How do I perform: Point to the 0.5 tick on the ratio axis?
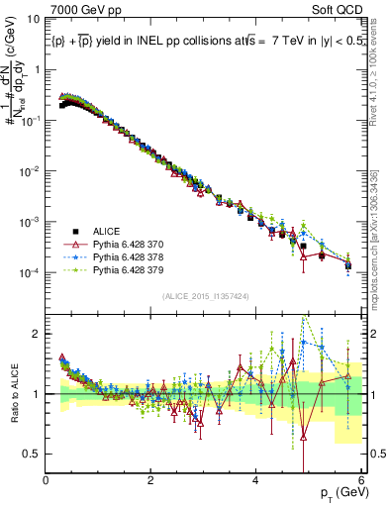click(32, 454)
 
